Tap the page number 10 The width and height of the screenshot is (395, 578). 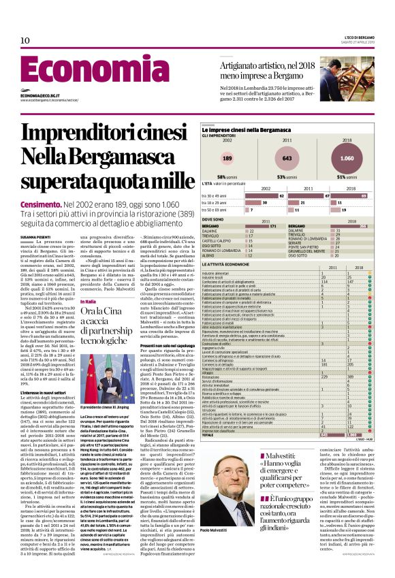pyautogui.click(x=25, y=40)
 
